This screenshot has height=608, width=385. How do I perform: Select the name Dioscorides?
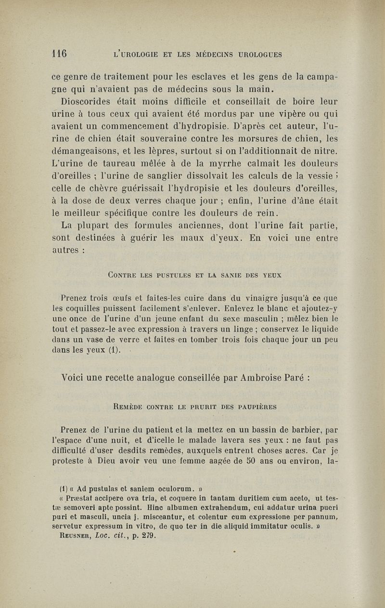(86, 102)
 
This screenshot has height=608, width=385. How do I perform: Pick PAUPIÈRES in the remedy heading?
(255, 407)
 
